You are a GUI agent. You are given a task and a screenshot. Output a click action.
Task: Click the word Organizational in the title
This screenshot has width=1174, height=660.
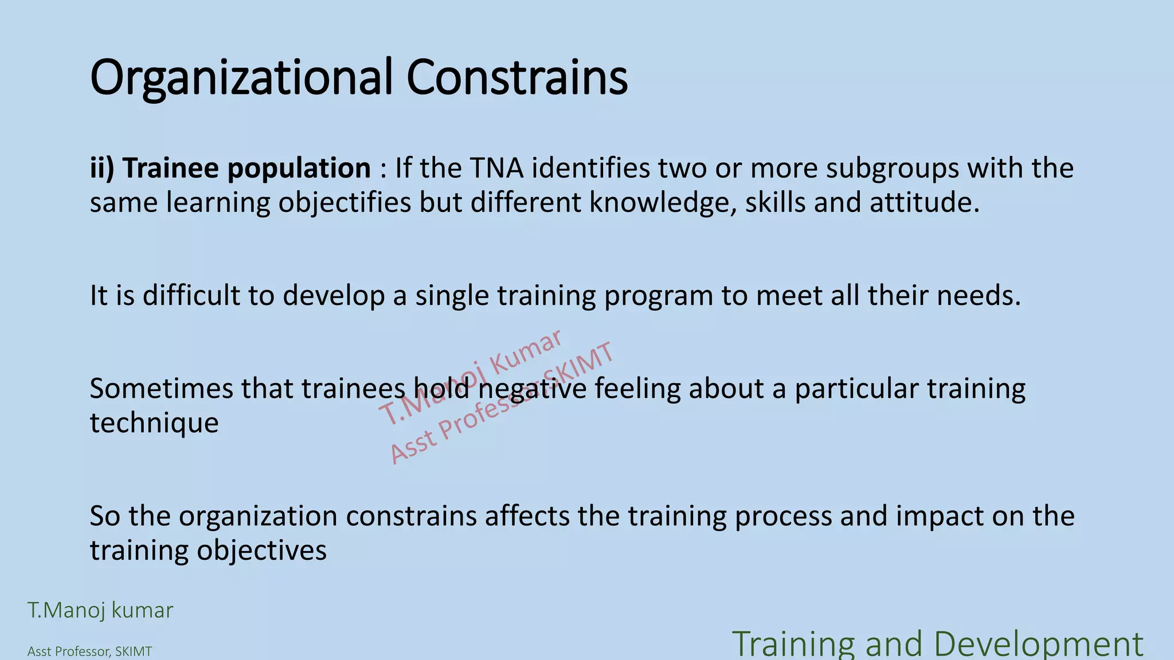pyautogui.click(x=241, y=78)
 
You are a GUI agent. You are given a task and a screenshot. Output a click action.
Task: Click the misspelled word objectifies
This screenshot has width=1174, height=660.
pyautogui.click(x=345, y=203)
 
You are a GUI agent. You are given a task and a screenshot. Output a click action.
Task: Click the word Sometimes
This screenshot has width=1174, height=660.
pyautogui.click(x=161, y=389)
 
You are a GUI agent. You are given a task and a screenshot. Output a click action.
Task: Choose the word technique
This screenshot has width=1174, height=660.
pyautogui.click(x=154, y=424)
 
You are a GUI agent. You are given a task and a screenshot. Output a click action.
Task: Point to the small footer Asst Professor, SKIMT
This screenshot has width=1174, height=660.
pyautogui.click(x=89, y=652)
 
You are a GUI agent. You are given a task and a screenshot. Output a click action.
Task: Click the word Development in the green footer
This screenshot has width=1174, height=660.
pyautogui.click(x=1038, y=644)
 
